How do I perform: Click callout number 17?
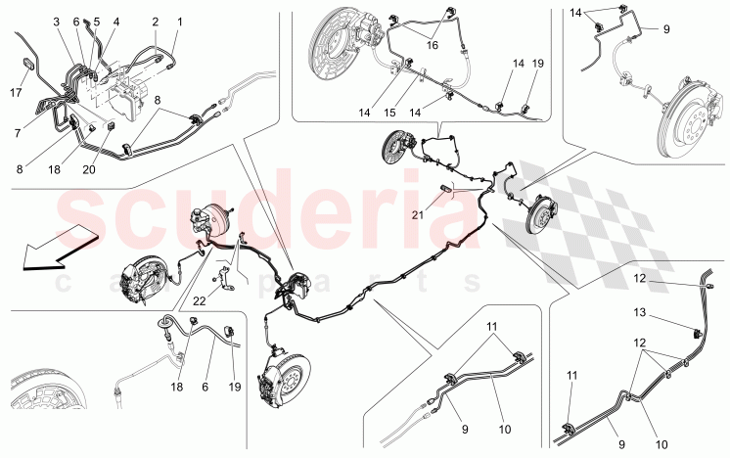point(16,93)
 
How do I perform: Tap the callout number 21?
point(418,214)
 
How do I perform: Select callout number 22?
point(200,300)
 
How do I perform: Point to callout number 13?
point(640,312)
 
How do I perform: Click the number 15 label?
point(389,113)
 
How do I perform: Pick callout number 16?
point(433,45)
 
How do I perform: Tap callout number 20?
point(88,169)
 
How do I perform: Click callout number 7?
point(18,133)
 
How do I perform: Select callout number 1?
point(180,22)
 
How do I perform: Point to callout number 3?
point(57,22)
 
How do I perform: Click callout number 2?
point(155,22)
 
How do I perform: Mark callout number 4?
point(115,22)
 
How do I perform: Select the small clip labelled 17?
point(28,63)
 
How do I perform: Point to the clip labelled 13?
point(697,333)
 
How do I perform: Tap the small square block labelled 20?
point(111,125)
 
